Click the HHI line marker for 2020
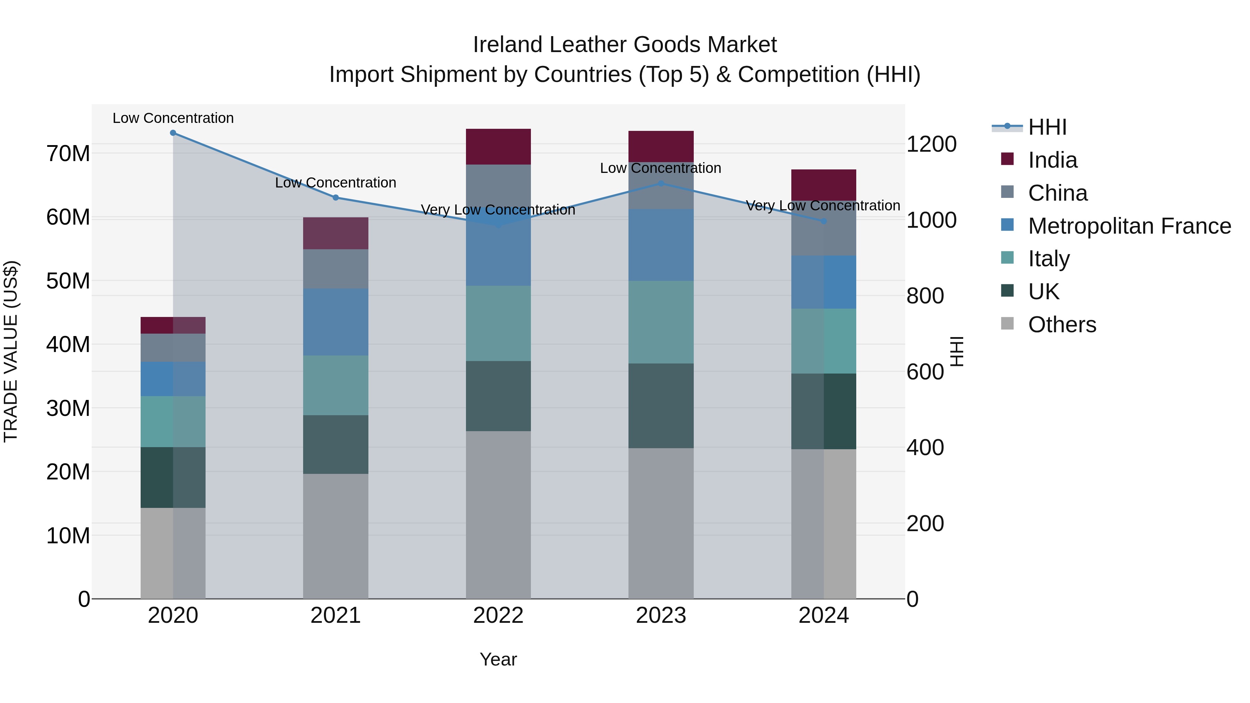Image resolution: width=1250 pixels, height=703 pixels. click(x=173, y=133)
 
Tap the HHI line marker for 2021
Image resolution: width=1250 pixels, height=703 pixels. click(x=335, y=198)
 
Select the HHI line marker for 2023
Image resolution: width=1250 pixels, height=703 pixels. click(x=661, y=183)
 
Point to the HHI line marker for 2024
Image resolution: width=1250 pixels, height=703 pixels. click(x=824, y=221)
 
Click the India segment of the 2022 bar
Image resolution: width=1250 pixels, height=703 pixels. click(x=498, y=147)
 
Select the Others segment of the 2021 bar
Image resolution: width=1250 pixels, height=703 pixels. click(x=335, y=536)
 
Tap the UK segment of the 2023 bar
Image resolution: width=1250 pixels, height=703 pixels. click(x=661, y=405)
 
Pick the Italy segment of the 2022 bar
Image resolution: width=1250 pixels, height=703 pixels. click(x=498, y=323)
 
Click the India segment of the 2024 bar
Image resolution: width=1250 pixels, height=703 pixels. click(x=824, y=185)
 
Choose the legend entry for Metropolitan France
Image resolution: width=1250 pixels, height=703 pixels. click(x=1129, y=226)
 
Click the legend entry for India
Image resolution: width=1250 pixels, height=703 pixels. click(x=1052, y=160)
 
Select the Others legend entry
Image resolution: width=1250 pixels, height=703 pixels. click(x=1062, y=325)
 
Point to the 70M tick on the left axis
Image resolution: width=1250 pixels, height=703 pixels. click(x=68, y=154)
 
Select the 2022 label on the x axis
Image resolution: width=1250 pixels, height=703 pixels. click(x=498, y=616)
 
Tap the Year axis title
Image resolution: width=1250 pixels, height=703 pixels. click(x=498, y=659)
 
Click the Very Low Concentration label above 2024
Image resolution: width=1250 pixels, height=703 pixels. click(x=823, y=206)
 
